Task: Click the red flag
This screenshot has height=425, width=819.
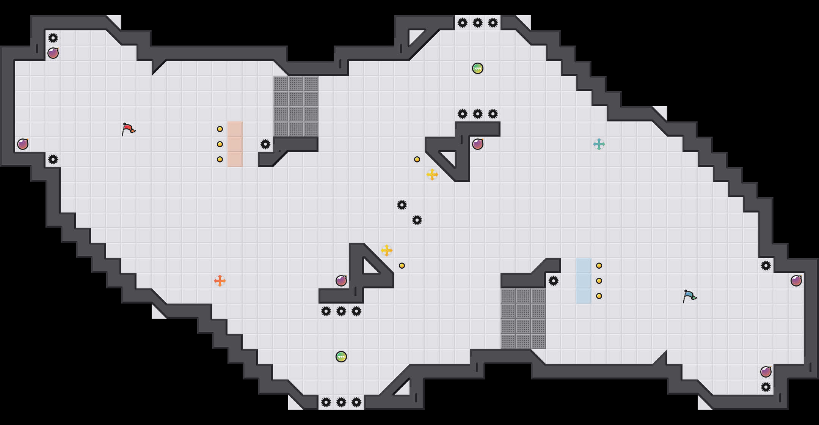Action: (128, 129)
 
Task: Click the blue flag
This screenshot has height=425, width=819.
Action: (689, 296)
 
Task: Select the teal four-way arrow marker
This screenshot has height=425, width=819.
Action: (599, 144)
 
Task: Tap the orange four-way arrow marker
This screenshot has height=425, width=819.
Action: (220, 281)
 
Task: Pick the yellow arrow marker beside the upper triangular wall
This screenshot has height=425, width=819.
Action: (432, 175)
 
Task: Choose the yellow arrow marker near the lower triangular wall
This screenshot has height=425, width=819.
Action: (387, 250)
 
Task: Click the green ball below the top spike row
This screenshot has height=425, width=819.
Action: (478, 68)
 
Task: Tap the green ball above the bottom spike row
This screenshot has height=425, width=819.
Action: (341, 357)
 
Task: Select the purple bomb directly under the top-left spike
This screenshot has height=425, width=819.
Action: (53, 53)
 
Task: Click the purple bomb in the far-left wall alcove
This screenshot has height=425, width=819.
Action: (23, 144)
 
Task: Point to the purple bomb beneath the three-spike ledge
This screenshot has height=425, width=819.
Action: (478, 144)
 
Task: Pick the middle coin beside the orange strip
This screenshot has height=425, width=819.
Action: (220, 144)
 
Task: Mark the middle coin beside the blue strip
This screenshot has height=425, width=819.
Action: (599, 281)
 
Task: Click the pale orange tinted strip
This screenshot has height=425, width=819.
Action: (235, 144)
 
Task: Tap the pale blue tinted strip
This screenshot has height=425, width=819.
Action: (584, 281)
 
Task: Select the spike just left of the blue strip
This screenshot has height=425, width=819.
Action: (554, 281)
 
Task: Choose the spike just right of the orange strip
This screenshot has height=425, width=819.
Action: (265, 144)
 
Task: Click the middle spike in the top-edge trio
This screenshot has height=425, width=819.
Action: (478, 23)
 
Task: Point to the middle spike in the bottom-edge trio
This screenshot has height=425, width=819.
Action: (341, 402)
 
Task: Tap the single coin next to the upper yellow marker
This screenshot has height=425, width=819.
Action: (417, 159)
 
